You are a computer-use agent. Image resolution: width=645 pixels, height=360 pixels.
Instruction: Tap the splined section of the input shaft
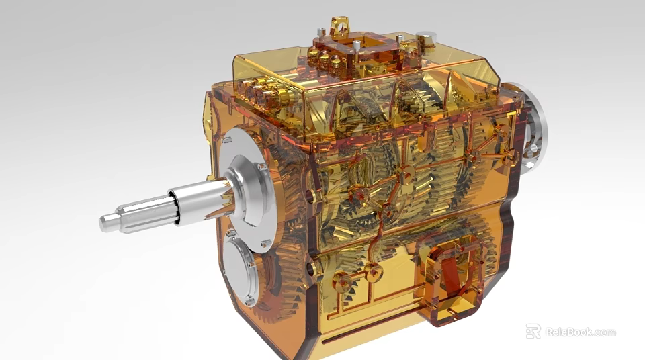pos(144,214)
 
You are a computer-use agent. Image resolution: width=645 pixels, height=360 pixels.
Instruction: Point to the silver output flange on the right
pos(531,128)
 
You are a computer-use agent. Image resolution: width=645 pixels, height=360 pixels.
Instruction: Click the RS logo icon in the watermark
pos(533,331)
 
